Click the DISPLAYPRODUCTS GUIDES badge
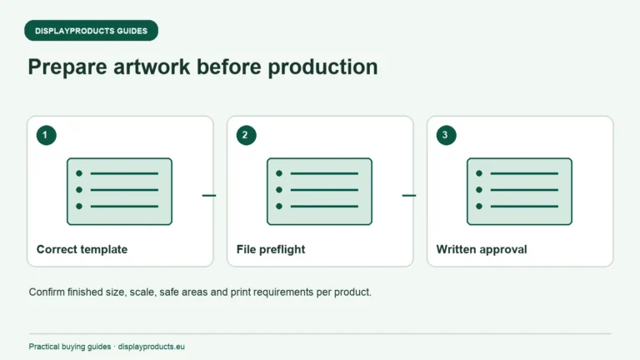[x=91, y=31]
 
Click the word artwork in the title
[x=152, y=67]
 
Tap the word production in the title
[x=322, y=67]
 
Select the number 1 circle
[x=46, y=135]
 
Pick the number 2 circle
[x=246, y=135]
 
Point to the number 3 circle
[x=446, y=135]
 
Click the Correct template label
[x=82, y=249]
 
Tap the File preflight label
[x=271, y=249]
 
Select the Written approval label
[x=482, y=249]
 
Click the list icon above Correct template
[x=120, y=192]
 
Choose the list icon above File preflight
[x=320, y=192]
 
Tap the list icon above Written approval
[x=520, y=192]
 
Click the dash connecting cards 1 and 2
[x=209, y=196]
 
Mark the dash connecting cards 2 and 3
[x=409, y=196]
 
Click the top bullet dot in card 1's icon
[x=79, y=173]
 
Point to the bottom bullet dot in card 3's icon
[x=479, y=206]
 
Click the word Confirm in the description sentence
[x=47, y=292]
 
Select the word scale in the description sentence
[x=142, y=292]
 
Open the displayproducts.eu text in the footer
[x=152, y=347]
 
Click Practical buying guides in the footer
[x=70, y=347]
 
